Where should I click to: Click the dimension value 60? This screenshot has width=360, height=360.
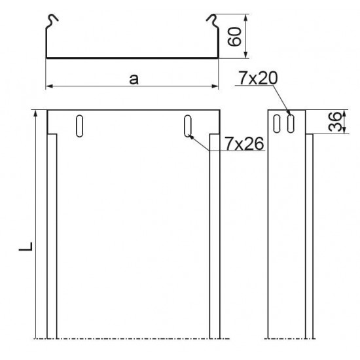point(234,37)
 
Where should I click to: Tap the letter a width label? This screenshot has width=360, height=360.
point(134,79)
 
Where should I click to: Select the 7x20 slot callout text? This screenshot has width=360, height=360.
point(258,78)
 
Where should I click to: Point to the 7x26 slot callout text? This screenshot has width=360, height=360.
point(244,143)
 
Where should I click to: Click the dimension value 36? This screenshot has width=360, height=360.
point(334,122)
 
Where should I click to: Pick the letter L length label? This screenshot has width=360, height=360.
point(26,246)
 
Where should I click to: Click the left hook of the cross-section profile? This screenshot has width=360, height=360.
point(52,21)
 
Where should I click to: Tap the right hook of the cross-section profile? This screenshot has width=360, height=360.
point(213,21)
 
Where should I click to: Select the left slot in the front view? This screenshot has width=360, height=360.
point(79,126)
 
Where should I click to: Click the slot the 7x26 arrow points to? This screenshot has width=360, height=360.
point(188,126)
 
